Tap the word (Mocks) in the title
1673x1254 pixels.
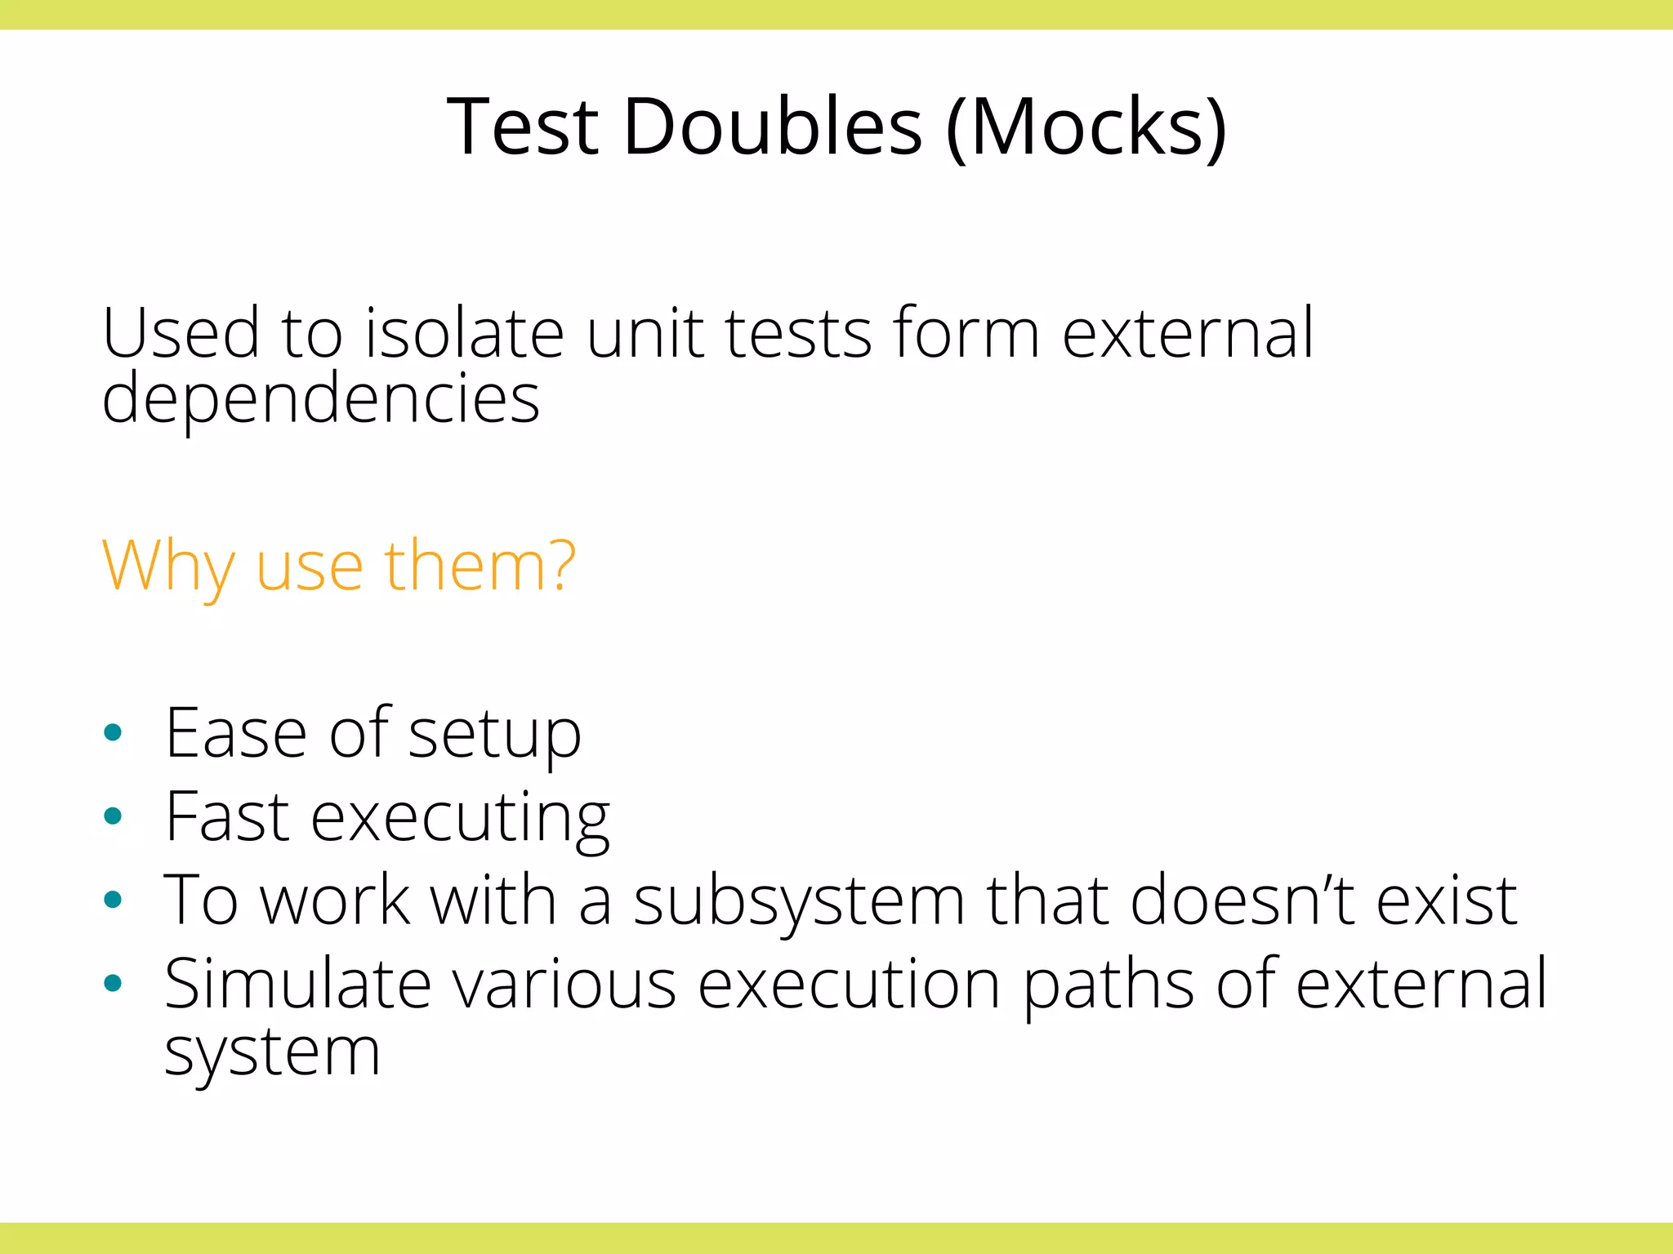point(1086,127)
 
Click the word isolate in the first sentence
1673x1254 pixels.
point(463,333)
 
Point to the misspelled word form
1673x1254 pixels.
point(966,333)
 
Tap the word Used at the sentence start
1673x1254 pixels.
point(181,333)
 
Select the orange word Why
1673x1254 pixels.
point(168,567)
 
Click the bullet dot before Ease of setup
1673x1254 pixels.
point(114,732)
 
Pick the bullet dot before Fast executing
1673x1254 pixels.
point(114,816)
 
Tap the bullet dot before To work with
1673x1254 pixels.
point(114,900)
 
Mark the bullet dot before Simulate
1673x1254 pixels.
point(114,983)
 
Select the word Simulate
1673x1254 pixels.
point(297,984)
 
